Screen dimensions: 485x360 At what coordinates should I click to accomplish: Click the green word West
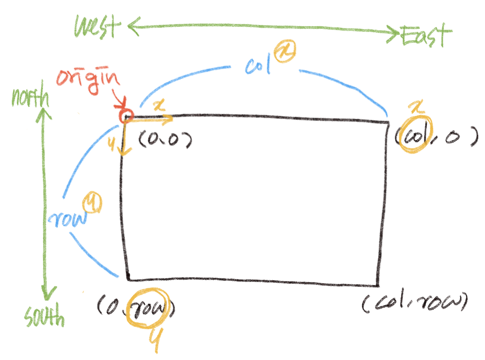tap(97, 26)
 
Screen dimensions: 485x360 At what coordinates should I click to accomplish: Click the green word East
tap(426, 36)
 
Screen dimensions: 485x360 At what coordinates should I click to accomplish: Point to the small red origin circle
tap(126, 115)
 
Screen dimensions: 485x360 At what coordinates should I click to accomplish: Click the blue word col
tap(258, 65)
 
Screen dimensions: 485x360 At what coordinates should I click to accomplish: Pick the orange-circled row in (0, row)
tap(148, 308)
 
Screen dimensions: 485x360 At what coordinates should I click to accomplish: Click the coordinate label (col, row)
tap(414, 302)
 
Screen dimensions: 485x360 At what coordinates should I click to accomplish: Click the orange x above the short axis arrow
tap(159, 106)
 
